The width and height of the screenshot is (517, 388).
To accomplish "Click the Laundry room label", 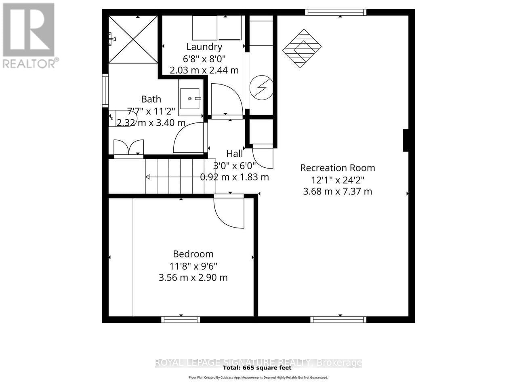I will pyautogui.click(x=204, y=47).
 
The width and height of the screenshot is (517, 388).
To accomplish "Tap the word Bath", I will pyautogui.click(x=151, y=99).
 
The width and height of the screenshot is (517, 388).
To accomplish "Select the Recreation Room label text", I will pyautogui.click(x=337, y=168).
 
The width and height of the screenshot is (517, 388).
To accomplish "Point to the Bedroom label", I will pyautogui.click(x=193, y=254).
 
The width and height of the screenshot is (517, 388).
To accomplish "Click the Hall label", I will pyautogui.click(x=234, y=154).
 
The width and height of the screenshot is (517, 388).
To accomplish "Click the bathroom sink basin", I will pyautogui.click(x=189, y=99).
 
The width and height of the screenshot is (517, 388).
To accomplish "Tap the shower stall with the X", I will pyautogui.click(x=133, y=40).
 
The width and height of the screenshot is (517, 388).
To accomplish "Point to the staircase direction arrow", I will pyautogui.click(x=148, y=177).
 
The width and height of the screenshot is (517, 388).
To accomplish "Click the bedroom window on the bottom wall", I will pyautogui.click(x=181, y=319).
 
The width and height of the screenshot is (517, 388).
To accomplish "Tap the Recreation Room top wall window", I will pyautogui.click(x=336, y=12).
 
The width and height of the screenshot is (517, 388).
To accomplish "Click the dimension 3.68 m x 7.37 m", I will pyautogui.click(x=337, y=191).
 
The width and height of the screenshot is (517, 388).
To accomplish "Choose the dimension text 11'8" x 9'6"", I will pyautogui.click(x=193, y=266).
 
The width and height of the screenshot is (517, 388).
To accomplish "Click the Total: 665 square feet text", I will pyautogui.click(x=257, y=368).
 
